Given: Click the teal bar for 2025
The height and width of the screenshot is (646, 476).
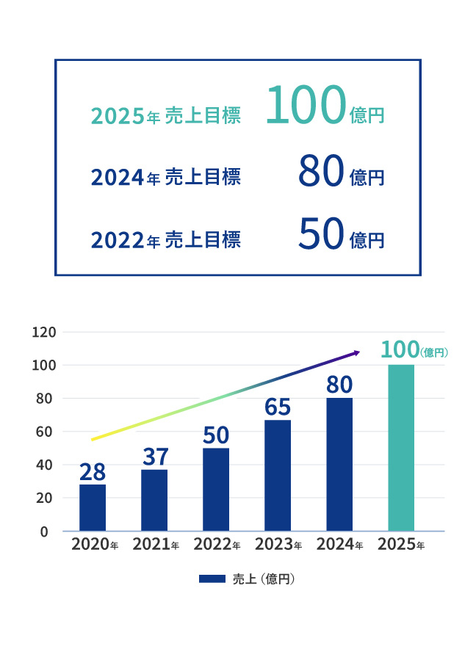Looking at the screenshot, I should (x=400, y=448).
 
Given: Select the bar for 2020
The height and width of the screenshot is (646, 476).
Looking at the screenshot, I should (x=93, y=507).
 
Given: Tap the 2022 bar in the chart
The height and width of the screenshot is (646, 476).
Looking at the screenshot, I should (x=216, y=489).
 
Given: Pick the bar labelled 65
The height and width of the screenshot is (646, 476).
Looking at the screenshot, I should (x=278, y=475).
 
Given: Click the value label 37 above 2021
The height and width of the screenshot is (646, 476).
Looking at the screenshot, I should (x=154, y=457).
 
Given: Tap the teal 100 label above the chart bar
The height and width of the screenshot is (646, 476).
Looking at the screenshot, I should (x=400, y=350).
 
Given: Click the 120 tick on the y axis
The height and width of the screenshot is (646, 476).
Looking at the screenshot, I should (x=45, y=333).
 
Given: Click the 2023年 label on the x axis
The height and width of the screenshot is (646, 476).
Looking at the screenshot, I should (x=278, y=545).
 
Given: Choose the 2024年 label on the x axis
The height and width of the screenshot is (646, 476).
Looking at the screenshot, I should (x=339, y=545).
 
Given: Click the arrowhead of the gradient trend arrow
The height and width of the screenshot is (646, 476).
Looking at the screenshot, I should (x=357, y=353).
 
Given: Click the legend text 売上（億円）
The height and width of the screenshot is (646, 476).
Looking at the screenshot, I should (x=264, y=579).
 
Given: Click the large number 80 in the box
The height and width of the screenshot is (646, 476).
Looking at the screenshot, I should (x=321, y=172).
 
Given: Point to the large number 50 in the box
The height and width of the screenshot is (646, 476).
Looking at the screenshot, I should (x=321, y=234).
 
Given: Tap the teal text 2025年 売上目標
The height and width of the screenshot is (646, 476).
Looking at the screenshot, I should (x=165, y=116).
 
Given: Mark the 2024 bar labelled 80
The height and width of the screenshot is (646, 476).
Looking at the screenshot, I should (x=339, y=464).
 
